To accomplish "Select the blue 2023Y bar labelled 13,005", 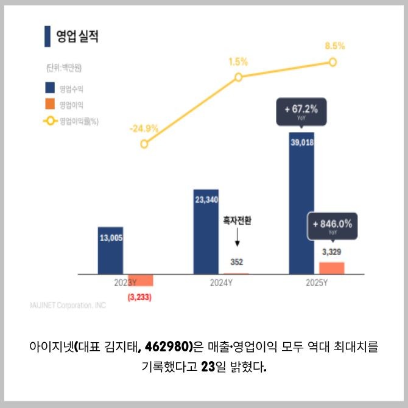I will point(110,251).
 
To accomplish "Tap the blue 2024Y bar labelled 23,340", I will point(206,231).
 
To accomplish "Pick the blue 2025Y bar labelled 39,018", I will point(301,204).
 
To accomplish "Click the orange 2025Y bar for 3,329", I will point(332,268).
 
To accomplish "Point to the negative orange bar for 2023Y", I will point(140,280).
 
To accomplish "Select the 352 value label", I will point(237,262).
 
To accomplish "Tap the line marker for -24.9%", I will point(144,144).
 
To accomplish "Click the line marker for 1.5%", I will point(238,77).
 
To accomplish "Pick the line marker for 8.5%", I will point(332,62).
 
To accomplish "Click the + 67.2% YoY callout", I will point(301,111).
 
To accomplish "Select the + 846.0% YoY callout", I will point(332,226).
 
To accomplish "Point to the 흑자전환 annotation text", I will point(237,221).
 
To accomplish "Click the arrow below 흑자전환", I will point(237,239).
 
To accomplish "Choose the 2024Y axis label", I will point(220,283).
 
